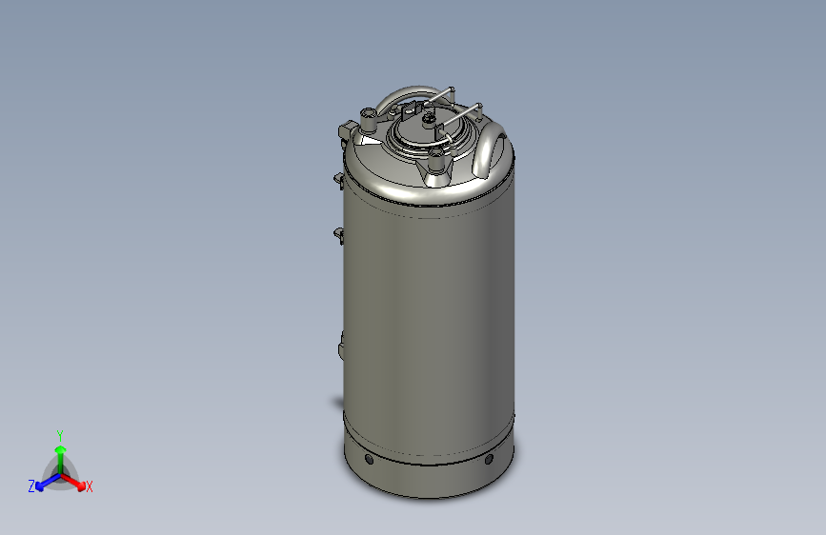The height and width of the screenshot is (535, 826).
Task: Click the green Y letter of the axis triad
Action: coord(59,434)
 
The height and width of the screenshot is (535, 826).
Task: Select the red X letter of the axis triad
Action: coord(90,486)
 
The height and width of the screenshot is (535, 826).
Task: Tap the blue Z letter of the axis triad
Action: coord(31,486)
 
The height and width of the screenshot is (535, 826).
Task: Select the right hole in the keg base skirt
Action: coord(489,460)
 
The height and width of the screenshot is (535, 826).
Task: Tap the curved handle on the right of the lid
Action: coord(490,149)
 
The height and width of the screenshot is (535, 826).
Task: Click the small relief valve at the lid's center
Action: coord(428,120)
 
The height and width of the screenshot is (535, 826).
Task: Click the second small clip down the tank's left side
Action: coord(339,231)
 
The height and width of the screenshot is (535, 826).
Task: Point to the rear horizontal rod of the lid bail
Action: coord(433,96)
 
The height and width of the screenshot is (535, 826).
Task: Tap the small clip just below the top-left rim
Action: coord(339,177)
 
